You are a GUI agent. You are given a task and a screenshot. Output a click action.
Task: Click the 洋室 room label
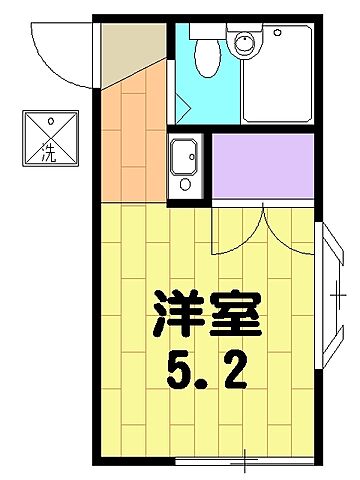point(207,314)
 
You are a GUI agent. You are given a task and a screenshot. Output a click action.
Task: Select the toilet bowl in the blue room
point(205,60)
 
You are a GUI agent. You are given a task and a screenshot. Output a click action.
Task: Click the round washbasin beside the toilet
point(242,43)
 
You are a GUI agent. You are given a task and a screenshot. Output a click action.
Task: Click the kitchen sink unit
point(185,162)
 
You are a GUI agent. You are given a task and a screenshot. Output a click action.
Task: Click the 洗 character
point(49,153)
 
